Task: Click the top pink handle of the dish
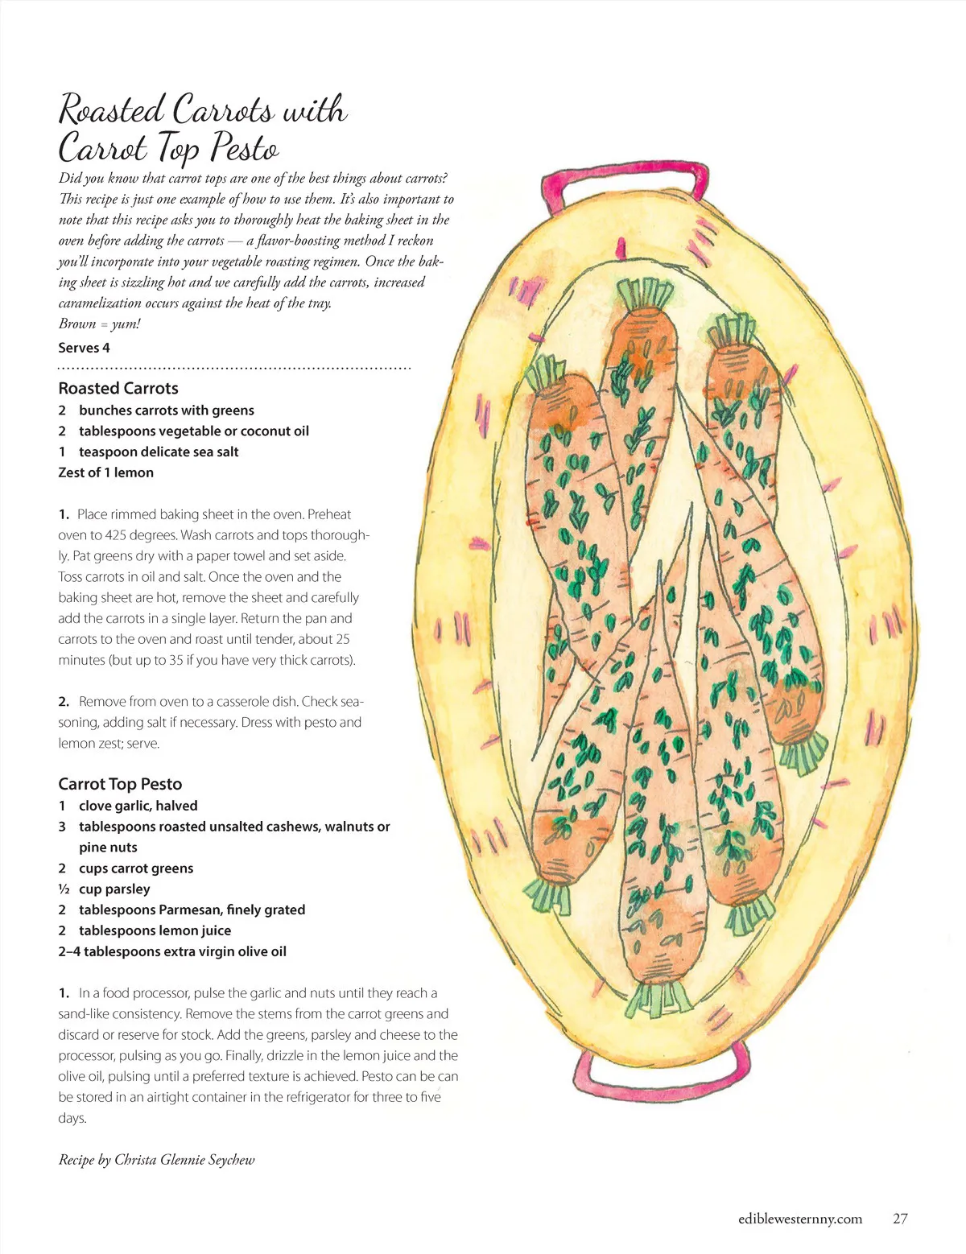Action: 625,176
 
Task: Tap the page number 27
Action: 900,1219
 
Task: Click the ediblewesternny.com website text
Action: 799,1219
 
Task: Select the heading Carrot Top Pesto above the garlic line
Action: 120,784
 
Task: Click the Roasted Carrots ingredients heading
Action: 118,388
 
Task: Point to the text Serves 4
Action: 84,348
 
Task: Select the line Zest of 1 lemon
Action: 105,472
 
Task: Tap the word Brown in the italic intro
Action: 77,324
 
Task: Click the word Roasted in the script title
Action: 112,110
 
